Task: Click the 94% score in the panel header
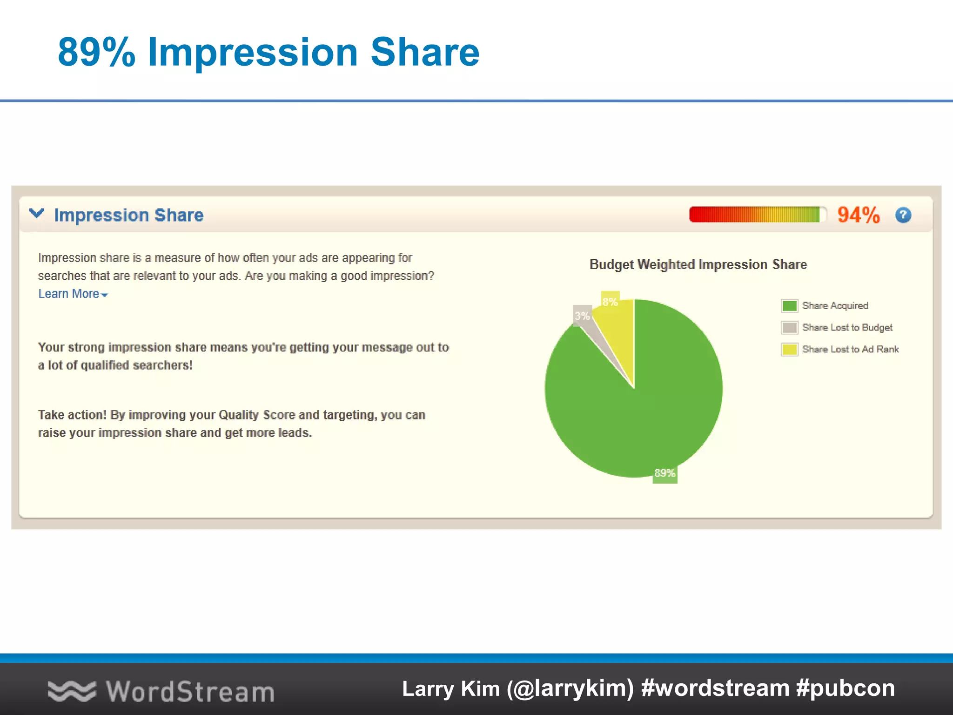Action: tap(858, 215)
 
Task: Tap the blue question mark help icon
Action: tap(903, 215)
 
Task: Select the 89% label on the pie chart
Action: tap(664, 473)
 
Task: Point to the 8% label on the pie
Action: tap(610, 302)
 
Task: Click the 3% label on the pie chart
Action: tap(582, 316)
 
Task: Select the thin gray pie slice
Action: tap(600, 344)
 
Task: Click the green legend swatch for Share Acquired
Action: tap(789, 305)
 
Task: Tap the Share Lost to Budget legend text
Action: tap(847, 327)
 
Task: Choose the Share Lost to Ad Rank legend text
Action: tap(850, 349)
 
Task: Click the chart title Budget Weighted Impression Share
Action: tap(698, 264)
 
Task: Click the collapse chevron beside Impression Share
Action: tap(37, 214)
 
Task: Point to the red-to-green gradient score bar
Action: tap(756, 215)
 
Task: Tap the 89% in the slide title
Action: tap(96, 52)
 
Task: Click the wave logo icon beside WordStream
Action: tap(72, 691)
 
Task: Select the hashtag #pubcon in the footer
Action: tap(845, 688)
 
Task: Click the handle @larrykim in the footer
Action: tap(570, 688)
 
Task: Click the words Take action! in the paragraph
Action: tap(72, 415)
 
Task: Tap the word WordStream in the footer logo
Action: tap(190, 691)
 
